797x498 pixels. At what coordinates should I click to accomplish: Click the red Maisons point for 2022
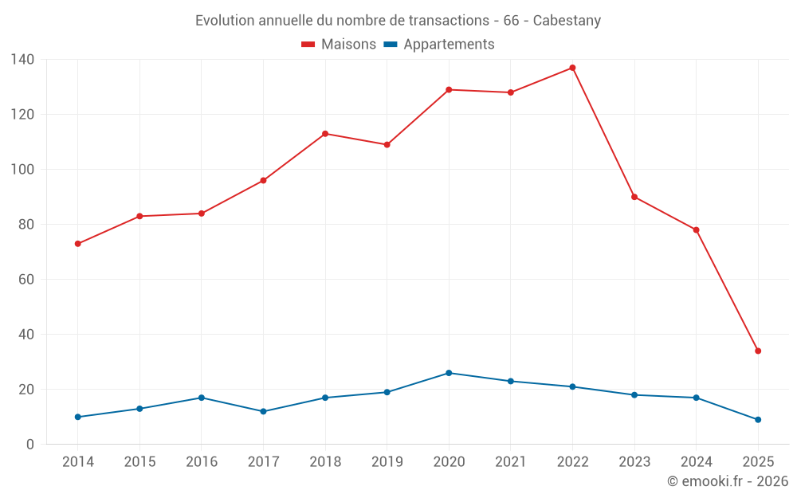coord(572,68)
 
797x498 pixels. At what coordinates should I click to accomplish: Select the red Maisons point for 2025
coord(758,351)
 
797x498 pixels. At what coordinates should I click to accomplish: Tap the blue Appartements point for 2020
coord(449,373)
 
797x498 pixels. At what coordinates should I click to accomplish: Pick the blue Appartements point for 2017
coord(263,411)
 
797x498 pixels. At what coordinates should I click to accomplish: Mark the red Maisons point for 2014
coord(77,244)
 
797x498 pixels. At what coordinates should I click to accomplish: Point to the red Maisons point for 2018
coord(325,134)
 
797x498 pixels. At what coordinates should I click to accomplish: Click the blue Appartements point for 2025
coord(758,420)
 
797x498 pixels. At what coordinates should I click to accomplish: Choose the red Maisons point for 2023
coord(634,197)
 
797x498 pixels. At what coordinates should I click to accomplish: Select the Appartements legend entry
coord(449,45)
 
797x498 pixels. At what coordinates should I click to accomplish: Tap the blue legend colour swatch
coord(391,45)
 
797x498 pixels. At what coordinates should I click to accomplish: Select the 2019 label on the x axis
coord(387,462)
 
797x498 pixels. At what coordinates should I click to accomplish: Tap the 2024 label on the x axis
coord(696,462)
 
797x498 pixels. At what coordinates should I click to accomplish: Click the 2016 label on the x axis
coord(201,462)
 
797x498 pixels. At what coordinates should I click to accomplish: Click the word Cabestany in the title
coord(567,21)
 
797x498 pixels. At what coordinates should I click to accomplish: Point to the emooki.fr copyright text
coord(727,481)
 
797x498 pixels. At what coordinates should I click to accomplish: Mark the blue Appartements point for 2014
coord(77,417)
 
